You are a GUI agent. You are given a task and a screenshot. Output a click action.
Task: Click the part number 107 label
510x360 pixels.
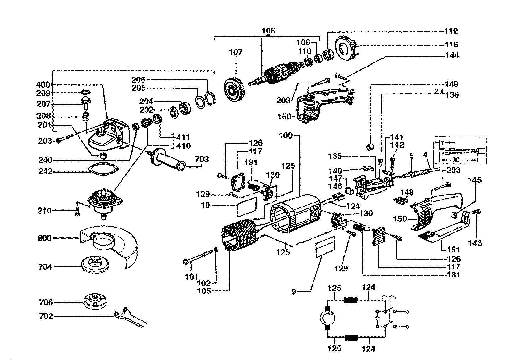[236, 52]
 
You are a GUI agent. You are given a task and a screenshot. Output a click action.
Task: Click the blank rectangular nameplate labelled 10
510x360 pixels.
[247, 207]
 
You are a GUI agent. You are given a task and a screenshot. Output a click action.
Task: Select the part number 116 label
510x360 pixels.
[451, 44]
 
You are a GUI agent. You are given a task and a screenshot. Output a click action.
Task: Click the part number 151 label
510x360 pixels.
[454, 250]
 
